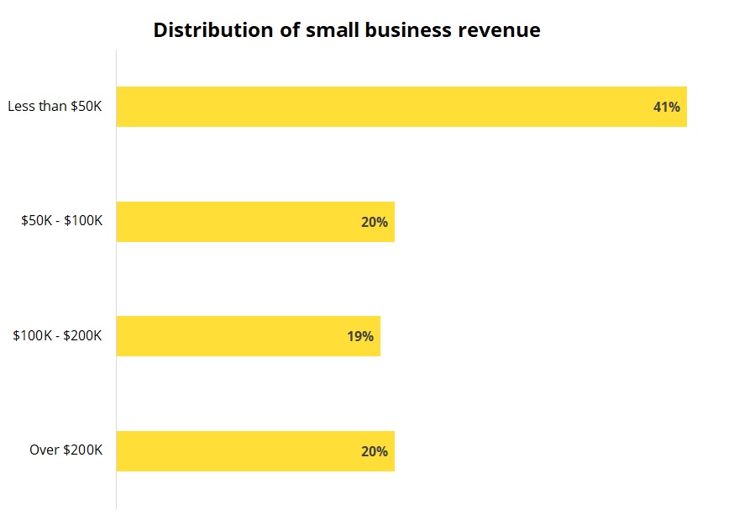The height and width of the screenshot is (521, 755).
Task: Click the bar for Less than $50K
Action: [x=401, y=107]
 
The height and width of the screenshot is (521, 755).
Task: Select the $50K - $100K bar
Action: [x=255, y=222]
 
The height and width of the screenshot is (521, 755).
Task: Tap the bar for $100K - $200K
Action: [x=249, y=336]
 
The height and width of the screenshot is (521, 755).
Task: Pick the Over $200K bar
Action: [x=255, y=450]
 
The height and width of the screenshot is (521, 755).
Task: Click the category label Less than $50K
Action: [x=55, y=107]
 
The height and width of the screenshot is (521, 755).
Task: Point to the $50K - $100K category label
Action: [x=62, y=221]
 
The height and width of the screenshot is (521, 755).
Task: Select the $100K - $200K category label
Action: [x=57, y=335]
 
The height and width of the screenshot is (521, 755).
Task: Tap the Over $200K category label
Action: [x=66, y=450]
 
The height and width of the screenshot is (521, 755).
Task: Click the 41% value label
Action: [x=666, y=108]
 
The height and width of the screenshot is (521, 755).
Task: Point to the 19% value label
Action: [x=360, y=337]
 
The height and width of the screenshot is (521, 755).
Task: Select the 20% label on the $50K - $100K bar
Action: [x=375, y=223]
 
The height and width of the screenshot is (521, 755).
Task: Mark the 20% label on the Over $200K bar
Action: [x=375, y=451]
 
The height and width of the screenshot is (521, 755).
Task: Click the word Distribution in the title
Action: [x=213, y=30]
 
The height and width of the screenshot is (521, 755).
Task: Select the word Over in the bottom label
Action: [x=44, y=450]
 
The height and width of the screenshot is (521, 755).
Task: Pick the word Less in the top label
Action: [x=21, y=107]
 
